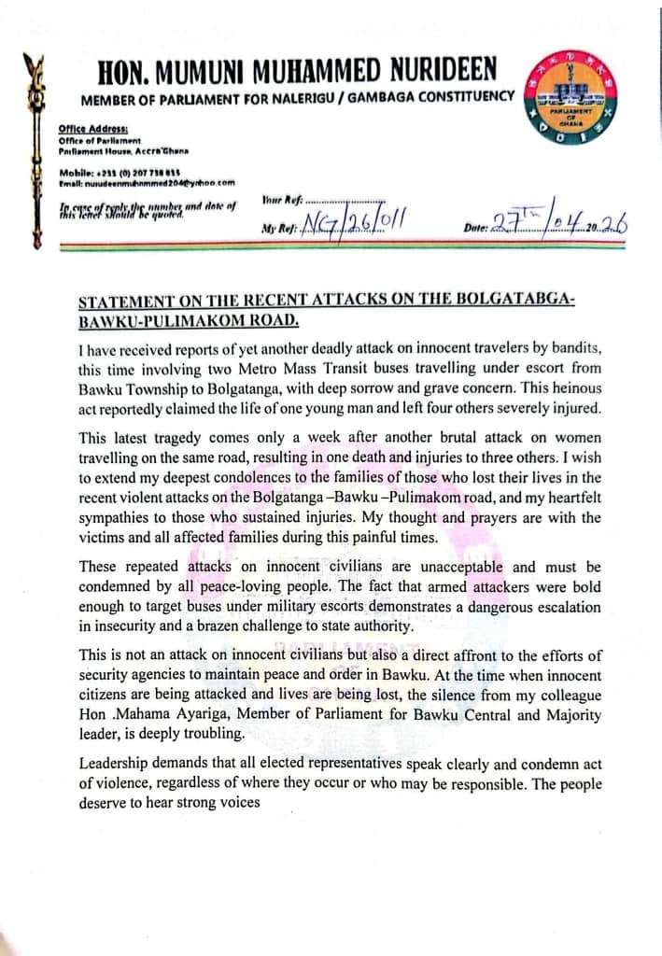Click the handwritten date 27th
click(x=514, y=223)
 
